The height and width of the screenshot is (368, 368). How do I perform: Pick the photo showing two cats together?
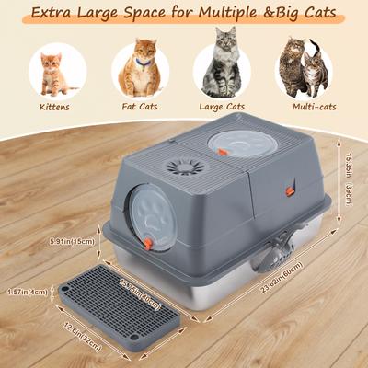click(x=304, y=69)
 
